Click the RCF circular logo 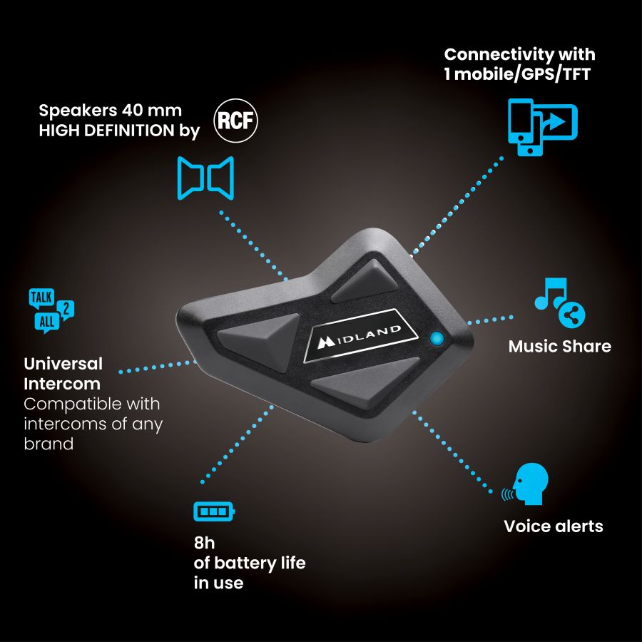point(235,121)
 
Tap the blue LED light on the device point(437,339)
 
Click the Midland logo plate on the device point(360,336)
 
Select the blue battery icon point(214,511)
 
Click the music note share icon point(560,302)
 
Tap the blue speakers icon point(205,178)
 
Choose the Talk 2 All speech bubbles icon point(51,311)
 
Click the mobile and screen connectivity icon point(543,127)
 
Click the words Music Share point(560,347)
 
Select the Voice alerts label point(554,526)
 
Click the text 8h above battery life point(204,543)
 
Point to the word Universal point(63,364)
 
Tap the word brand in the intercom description point(49,444)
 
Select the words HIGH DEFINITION point(106,131)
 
